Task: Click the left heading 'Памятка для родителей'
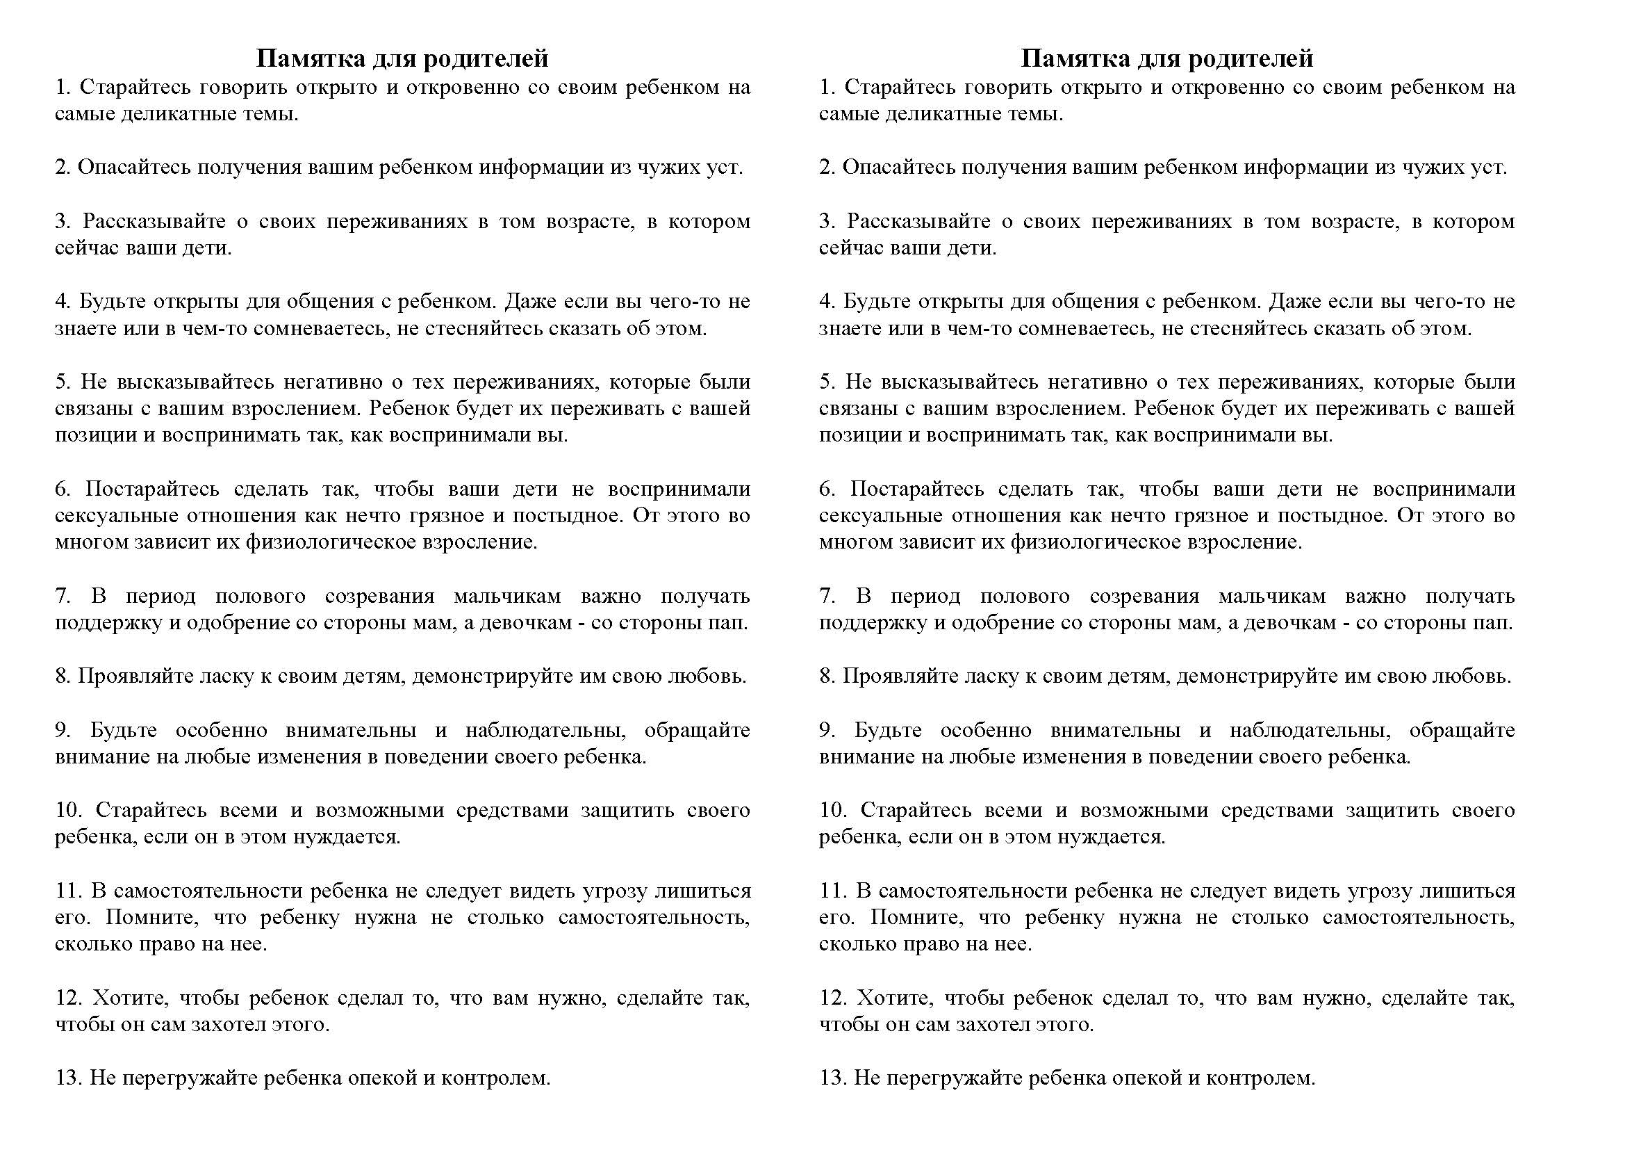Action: [402, 58]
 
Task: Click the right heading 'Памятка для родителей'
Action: [1166, 58]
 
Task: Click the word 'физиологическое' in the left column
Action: [331, 543]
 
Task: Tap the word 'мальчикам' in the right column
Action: [1272, 597]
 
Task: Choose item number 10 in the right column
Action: [834, 811]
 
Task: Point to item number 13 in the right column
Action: [832, 1078]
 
